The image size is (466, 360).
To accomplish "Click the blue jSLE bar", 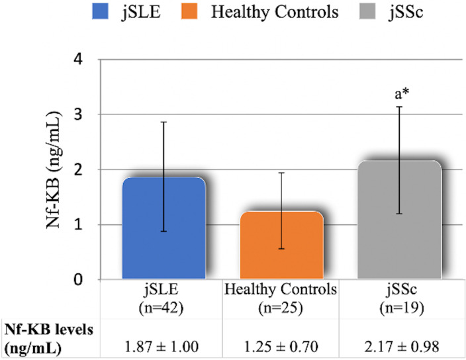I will click(163, 228).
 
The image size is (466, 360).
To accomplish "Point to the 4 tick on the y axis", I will click(78, 60).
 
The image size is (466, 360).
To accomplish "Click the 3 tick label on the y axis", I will click(78, 114).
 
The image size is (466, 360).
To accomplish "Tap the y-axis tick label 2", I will click(78, 169).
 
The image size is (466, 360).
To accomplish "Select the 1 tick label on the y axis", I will click(78, 225).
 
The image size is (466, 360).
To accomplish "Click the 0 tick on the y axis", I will click(78, 280).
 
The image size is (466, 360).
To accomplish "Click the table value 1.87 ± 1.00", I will click(163, 344).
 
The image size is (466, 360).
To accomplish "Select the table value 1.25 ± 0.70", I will click(282, 344).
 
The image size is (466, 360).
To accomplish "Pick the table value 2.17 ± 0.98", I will click(400, 344).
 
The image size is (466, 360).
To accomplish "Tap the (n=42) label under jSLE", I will click(163, 306).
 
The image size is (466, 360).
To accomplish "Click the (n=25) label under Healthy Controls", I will click(282, 306).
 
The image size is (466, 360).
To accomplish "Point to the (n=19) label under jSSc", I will click(400, 306).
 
